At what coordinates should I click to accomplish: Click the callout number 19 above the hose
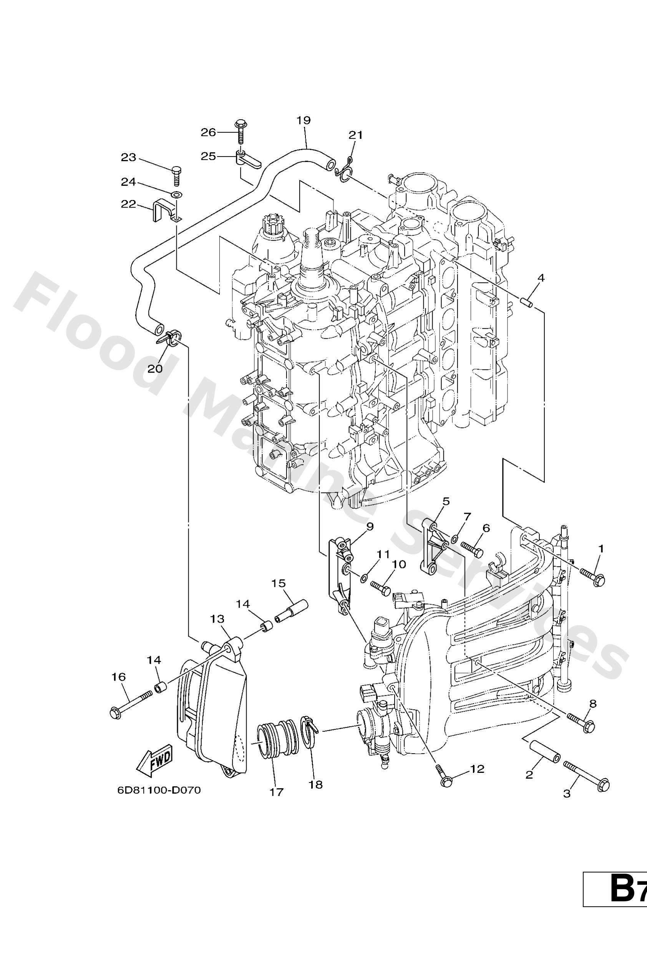click(304, 120)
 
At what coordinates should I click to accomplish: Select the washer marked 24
click(176, 194)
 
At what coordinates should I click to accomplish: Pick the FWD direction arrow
click(155, 757)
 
